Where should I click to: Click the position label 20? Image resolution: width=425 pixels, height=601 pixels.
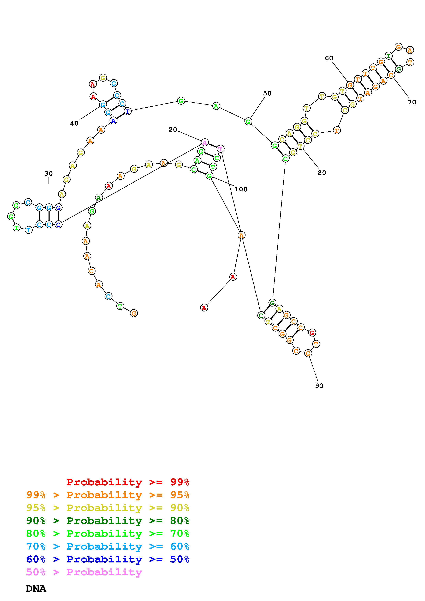click(x=173, y=129)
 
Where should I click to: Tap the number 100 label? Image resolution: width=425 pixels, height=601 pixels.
click(x=241, y=189)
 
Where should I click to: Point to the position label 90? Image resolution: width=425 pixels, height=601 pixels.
click(x=319, y=386)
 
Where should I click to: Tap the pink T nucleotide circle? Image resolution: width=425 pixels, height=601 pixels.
click(x=220, y=149)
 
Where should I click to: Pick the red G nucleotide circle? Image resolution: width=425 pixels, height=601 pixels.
click(x=312, y=333)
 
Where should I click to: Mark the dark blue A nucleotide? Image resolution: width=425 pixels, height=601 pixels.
click(x=113, y=121)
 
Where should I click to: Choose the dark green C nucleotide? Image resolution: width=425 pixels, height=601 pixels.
click(x=261, y=315)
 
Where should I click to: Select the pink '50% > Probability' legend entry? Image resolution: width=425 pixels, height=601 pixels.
click(x=84, y=572)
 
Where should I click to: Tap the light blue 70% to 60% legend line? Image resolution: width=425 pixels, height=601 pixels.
click(x=108, y=546)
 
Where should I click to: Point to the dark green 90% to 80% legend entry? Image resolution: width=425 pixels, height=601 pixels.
click(x=108, y=521)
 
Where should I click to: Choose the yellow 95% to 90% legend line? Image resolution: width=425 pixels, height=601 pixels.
click(x=108, y=508)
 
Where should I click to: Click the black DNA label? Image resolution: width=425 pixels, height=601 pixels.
click(x=36, y=589)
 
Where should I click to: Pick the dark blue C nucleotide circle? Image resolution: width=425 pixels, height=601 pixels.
click(x=59, y=224)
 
